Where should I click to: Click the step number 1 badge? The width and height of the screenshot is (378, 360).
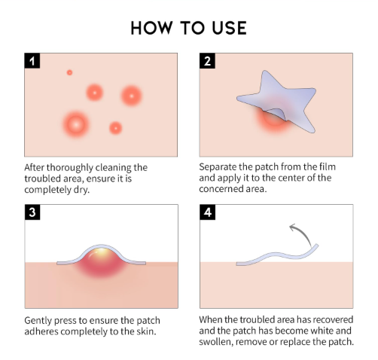pos(32,60)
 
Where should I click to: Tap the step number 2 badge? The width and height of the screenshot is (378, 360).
pos(207,60)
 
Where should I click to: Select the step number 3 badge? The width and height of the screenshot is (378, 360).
pos(32,212)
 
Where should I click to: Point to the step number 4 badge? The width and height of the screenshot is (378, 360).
pos(208,212)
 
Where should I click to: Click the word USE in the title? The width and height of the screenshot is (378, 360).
pos(229,28)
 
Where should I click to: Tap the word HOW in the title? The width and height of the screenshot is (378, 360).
pos(152,28)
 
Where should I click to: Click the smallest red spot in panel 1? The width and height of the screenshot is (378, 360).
pos(69,72)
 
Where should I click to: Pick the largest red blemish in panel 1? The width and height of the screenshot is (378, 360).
pos(76,124)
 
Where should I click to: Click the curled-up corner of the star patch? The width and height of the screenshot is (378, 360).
pos(275,114)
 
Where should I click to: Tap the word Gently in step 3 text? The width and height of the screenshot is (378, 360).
pos(38,321)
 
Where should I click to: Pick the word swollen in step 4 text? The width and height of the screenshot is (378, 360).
pos(215,342)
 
